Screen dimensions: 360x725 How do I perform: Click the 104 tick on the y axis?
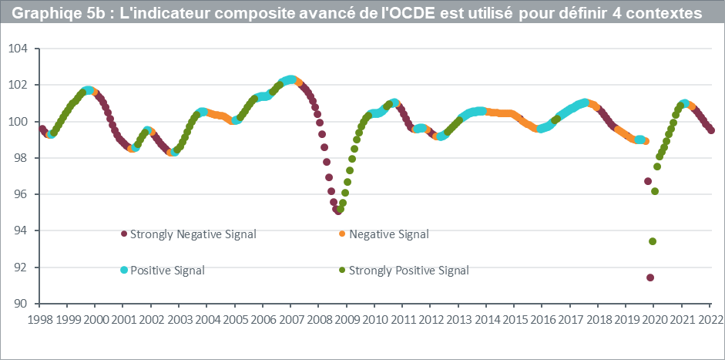(18, 49)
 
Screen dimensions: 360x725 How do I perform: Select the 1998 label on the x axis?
(40, 318)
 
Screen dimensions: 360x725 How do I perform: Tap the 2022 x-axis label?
(709, 318)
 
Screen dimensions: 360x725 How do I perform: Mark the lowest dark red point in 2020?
(650, 278)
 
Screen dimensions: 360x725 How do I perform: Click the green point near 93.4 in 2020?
(653, 241)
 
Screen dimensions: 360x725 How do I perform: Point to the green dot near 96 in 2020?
(655, 191)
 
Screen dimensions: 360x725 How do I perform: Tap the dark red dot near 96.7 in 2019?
(648, 181)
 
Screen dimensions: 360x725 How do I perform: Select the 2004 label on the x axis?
(206, 318)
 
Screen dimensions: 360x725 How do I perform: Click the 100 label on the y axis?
(18, 122)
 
